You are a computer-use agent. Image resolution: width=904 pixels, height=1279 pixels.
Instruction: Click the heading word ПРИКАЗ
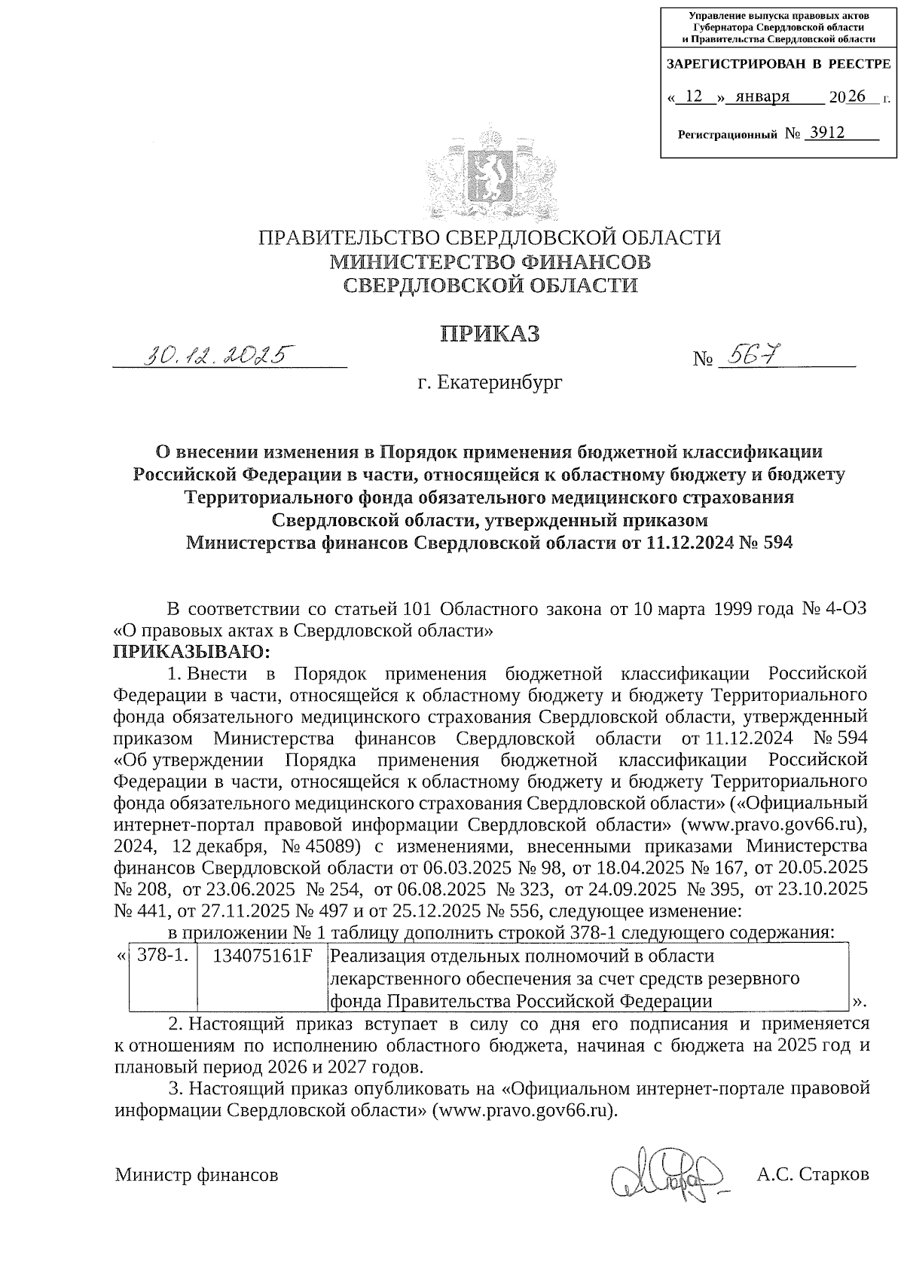coord(490,334)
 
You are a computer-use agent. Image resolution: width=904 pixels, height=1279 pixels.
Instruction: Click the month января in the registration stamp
coord(762,96)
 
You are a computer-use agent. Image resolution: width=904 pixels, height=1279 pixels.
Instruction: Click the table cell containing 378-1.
coord(163,956)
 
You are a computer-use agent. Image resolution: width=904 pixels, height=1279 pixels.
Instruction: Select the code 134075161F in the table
coord(262,956)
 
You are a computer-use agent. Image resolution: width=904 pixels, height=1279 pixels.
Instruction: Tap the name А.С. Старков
coord(814,1174)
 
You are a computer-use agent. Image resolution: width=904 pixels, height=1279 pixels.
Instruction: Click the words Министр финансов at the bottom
coord(196,1175)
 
